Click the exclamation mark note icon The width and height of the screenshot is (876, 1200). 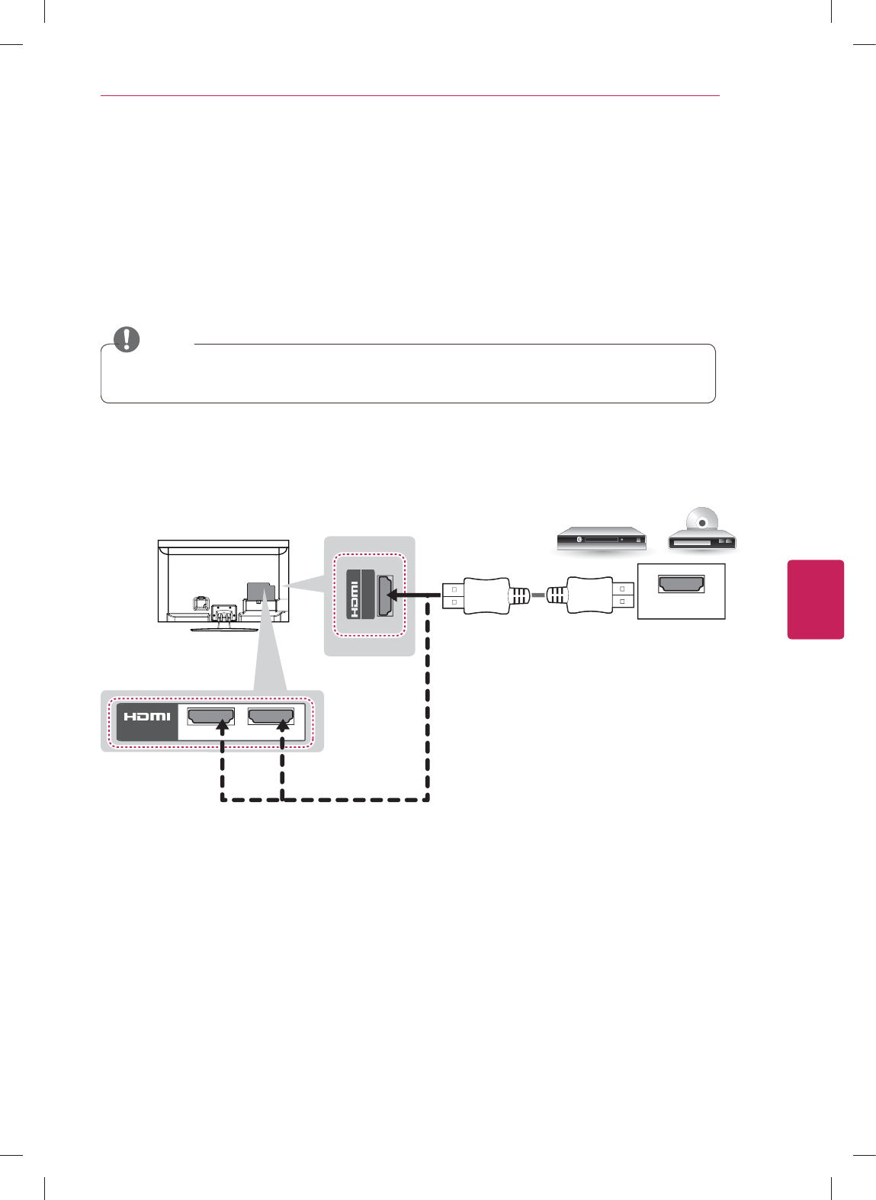tap(127, 339)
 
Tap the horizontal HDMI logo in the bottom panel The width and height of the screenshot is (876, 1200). tap(147, 717)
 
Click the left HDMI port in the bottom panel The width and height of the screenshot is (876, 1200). tap(211, 717)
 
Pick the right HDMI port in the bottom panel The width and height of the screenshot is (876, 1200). tap(271, 717)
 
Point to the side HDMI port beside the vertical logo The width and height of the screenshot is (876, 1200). tap(386, 595)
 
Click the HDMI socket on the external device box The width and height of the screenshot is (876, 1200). tap(682, 585)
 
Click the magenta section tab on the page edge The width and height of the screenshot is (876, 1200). tap(816, 599)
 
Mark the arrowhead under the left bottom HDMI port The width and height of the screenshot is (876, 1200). tap(222, 727)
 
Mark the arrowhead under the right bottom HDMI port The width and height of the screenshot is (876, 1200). tap(283, 727)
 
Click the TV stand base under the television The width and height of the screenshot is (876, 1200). tap(223, 627)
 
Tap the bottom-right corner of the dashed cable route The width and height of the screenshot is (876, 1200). tap(428, 798)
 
